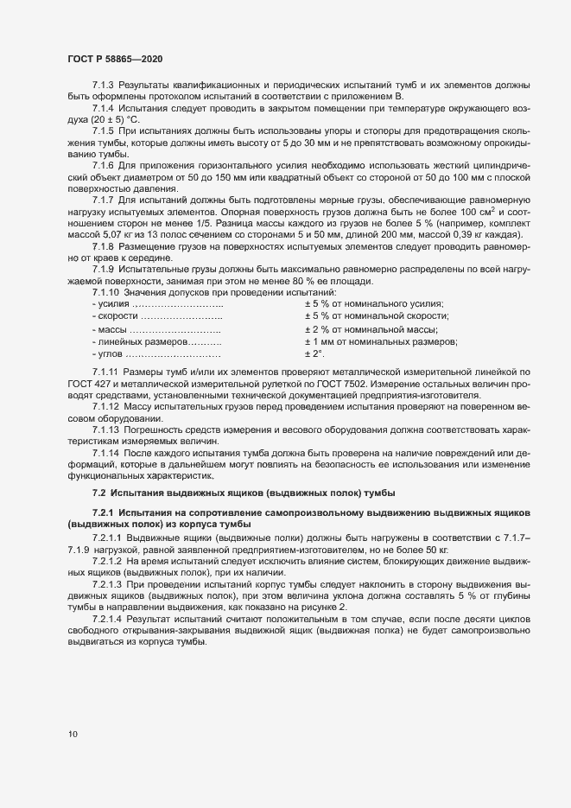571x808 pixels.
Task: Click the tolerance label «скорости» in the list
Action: point(116,317)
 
